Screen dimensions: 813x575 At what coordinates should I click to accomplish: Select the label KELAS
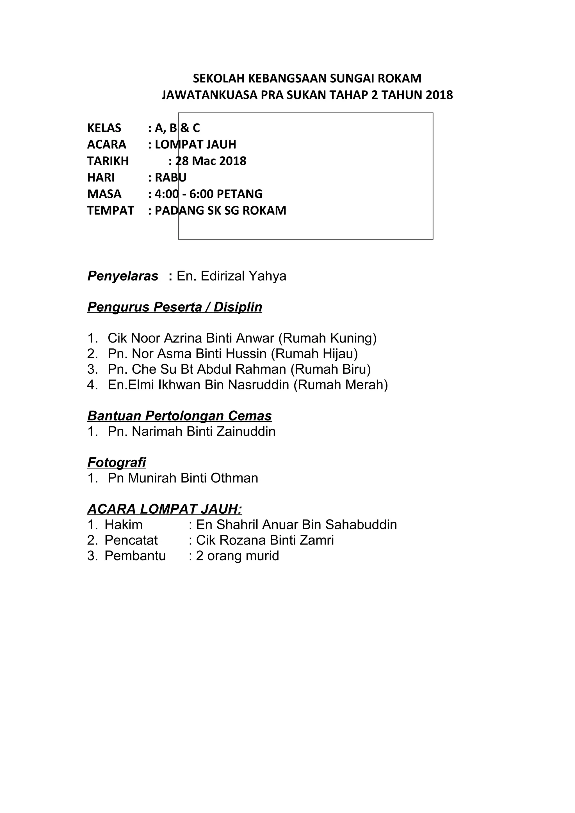pos(104,128)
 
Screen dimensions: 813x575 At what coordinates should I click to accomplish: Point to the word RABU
pos(171,177)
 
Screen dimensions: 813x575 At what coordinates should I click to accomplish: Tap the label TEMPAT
pos(111,211)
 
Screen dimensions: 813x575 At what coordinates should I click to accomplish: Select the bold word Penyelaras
pos(123,276)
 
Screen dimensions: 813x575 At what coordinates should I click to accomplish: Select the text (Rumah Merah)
pos(341,385)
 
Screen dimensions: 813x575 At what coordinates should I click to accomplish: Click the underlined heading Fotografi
pos(117,462)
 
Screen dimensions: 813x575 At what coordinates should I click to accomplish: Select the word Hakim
pos(124,525)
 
